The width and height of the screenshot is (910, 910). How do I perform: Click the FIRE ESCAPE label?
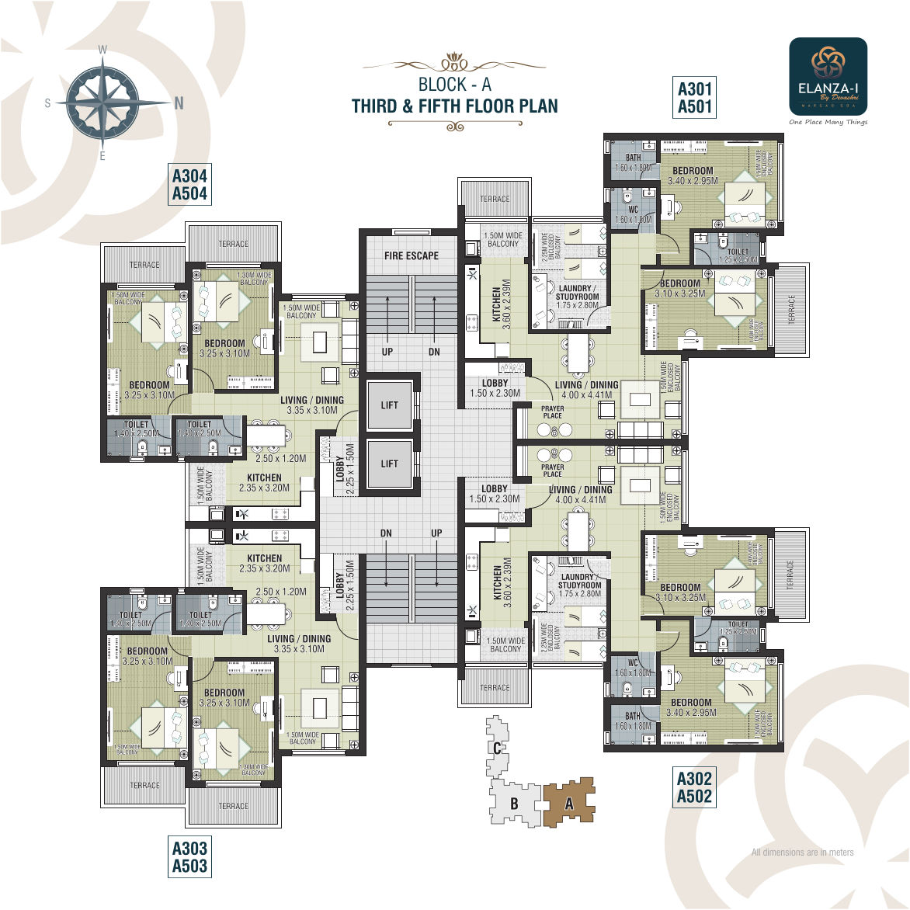411,255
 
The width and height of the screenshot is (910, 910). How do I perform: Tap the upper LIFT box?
390,405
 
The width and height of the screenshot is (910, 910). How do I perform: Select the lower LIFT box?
390,464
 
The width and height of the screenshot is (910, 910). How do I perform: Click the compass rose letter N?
179,103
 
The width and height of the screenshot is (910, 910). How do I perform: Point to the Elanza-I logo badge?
828,76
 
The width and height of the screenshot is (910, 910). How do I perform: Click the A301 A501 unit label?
694,98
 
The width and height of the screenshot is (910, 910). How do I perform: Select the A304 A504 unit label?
189,185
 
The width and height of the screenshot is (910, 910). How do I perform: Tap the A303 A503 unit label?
189,857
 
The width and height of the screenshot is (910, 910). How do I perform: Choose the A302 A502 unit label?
694,787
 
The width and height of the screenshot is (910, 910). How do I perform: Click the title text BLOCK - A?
454,85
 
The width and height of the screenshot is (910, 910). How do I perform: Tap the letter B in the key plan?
513,804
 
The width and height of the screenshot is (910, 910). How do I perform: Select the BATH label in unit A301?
633,158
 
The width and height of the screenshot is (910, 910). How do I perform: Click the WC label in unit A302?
633,663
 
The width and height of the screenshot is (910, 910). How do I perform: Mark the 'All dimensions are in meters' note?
802,853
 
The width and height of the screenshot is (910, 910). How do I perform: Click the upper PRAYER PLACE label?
553,412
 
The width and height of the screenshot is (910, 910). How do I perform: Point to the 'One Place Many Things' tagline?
828,122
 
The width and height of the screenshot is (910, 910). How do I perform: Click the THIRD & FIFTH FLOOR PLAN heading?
454,106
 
